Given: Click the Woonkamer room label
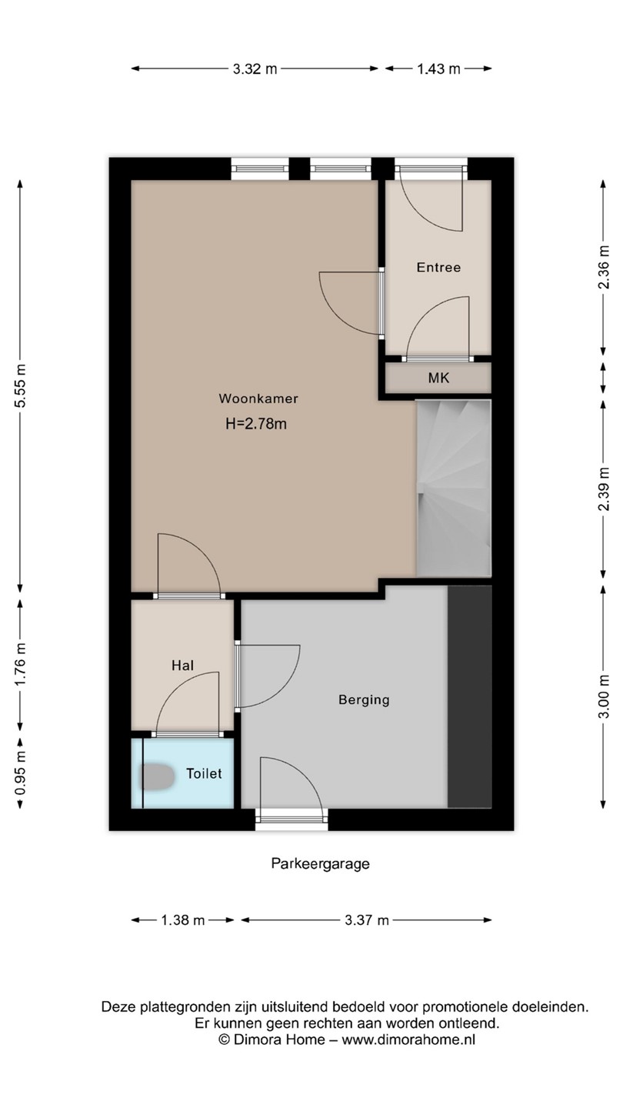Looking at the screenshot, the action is (x=258, y=399).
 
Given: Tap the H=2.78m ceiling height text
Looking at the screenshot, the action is (x=256, y=424).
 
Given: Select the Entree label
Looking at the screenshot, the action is (x=438, y=268).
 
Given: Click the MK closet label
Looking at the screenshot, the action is (x=438, y=379).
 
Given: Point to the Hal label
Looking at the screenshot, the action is (x=182, y=666).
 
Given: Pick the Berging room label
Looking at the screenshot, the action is (x=364, y=700).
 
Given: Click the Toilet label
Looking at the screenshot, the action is (x=204, y=773).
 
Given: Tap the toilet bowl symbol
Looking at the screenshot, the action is (x=156, y=776).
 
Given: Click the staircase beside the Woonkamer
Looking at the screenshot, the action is (x=454, y=488).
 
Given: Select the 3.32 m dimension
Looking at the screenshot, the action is (x=255, y=68).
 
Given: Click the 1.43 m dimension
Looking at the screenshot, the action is (x=438, y=68).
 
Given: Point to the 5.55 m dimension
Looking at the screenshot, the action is (x=20, y=385).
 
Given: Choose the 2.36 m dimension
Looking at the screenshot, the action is (x=603, y=267).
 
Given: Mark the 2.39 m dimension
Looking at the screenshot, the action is (x=603, y=489).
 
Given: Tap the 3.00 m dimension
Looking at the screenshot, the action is (x=603, y=697).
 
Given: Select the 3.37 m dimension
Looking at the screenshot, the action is (x=367, y=920).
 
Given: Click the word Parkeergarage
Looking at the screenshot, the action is (x=321, y=863).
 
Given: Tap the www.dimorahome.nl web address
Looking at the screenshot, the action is (x=408, y=1040).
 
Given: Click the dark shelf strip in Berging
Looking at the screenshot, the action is (x=470, y=697).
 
